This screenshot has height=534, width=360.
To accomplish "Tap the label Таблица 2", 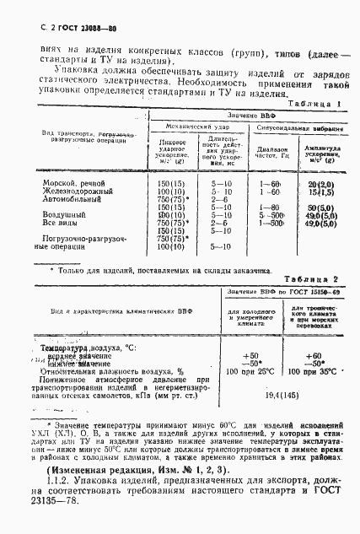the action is coord(309,278).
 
